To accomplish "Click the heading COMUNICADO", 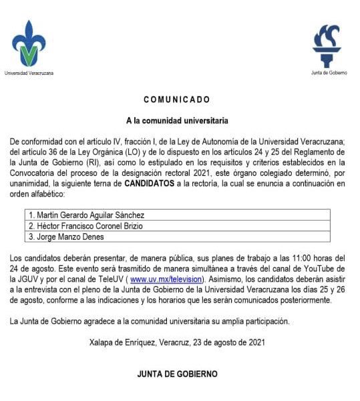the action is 177,100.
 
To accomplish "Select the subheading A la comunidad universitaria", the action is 177,121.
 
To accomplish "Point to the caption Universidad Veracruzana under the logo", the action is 29,73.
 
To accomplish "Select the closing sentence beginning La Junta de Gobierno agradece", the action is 150,321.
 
